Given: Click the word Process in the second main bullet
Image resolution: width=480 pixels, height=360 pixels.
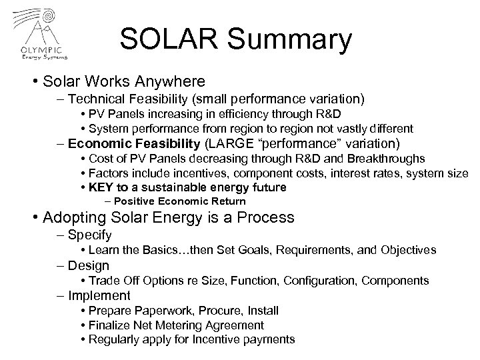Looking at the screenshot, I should (x=261, y=218).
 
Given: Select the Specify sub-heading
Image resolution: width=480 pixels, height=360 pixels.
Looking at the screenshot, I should (x=89, y=235).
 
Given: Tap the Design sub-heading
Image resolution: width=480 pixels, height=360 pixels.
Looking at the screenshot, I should (x=87, y=265).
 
